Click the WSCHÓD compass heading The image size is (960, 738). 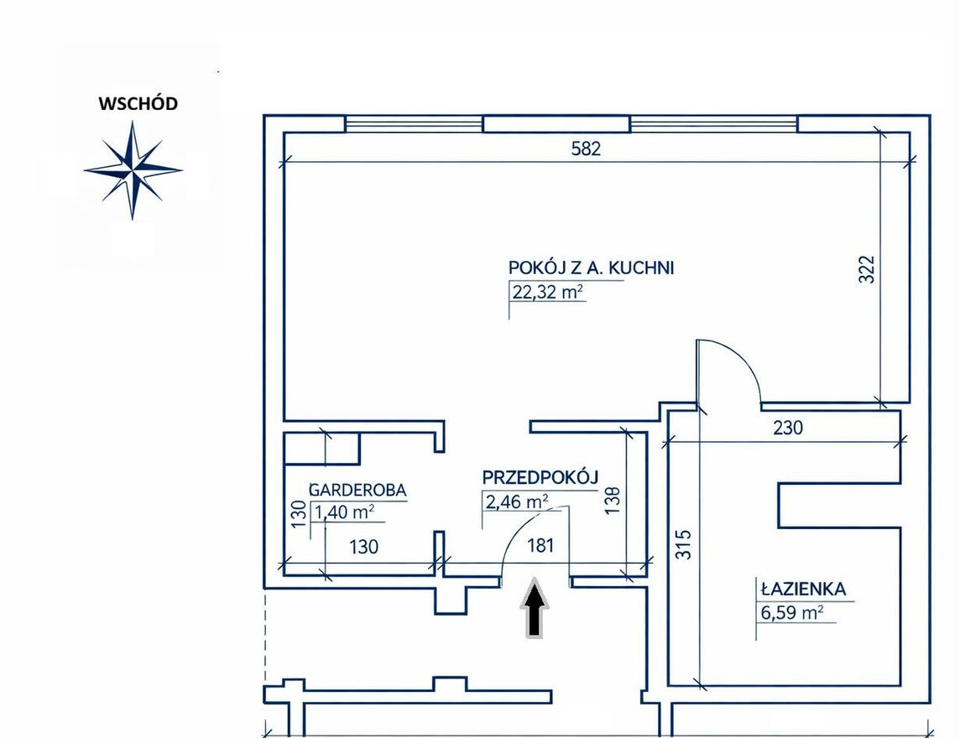tap(138, 103)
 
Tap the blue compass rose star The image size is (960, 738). tap(133, 169)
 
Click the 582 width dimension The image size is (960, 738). tap(586, 148)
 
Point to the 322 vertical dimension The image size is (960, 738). tap(866, 268)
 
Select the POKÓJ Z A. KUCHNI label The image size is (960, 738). tap(591, 268)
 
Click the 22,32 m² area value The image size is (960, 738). tap(547, 292)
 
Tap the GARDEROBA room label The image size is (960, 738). tap(357, 490)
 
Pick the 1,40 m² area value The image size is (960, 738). tap(344, 512)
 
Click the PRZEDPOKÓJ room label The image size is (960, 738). tap(540, 477)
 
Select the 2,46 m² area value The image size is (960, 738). tap(517, 502)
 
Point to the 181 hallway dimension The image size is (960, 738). tap(540, 544)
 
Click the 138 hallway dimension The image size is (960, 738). tap(613, 499)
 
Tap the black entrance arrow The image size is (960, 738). tap(535, 608)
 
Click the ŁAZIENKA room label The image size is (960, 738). tap(802, 589)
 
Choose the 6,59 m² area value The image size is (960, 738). tap(791, 612)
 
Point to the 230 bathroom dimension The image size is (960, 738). tap(787, 427)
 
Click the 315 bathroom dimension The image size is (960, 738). tap(684, 544)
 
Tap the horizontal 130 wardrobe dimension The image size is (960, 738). tap(363, 546)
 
